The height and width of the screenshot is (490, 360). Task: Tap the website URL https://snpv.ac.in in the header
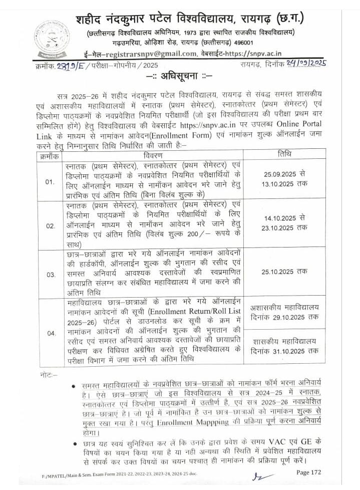click(x=255, y=54)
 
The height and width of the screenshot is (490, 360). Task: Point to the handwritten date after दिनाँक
click(x=304, y=64)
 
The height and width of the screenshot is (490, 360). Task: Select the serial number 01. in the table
click(x=50, y=181)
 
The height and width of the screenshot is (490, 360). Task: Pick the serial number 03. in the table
click(x=50, y=275)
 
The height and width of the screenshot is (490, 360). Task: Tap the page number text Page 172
click(x=309, y=472)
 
